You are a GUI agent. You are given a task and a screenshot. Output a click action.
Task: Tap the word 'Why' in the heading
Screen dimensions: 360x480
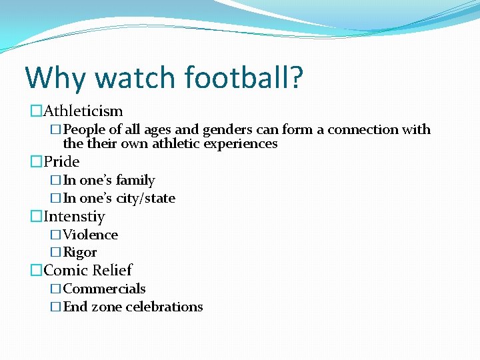click(x=55, y=77)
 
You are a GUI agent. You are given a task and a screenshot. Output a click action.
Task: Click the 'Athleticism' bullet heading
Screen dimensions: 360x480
click(x=83, y=111)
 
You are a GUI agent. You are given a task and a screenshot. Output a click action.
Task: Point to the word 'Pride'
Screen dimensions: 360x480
click(x=61, y=162)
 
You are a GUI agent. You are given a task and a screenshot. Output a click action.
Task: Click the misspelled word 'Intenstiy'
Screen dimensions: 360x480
click(x=74, y=217)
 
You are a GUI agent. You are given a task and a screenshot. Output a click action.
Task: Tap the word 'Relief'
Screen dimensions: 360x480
click(x=112, y=271)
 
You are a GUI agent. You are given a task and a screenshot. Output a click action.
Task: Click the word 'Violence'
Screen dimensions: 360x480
click(x=90, y=235)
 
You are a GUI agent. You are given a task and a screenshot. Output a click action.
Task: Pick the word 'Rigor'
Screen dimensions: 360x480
click(x=79, y=253)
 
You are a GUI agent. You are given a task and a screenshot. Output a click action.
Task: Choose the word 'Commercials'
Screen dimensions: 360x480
click(x=104, y=289)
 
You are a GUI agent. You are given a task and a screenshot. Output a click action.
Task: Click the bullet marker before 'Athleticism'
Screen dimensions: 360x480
click(x=35, y=111)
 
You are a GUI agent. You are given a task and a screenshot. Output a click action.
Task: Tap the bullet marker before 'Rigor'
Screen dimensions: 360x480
click(x=56, y=253)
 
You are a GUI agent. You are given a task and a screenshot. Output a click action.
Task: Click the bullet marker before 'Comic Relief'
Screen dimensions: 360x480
click(x=35, y=271)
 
